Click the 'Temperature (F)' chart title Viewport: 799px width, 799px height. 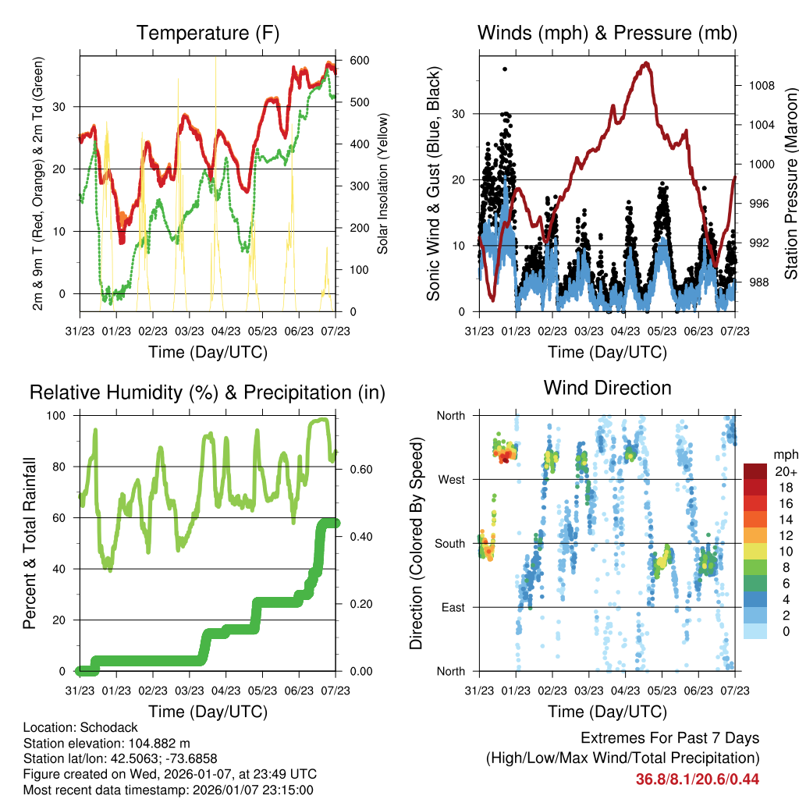click(x=208, y=33)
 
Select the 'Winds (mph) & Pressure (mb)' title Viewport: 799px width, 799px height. click(x=607, y=33)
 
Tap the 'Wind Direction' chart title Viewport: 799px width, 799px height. click(x=607, y=387)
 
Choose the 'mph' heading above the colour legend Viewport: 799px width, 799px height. click(x=784, y=454)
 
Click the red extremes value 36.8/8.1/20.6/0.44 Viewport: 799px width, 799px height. click(x=698, y=779)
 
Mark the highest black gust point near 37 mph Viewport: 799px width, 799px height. click(x=505, y=69)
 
